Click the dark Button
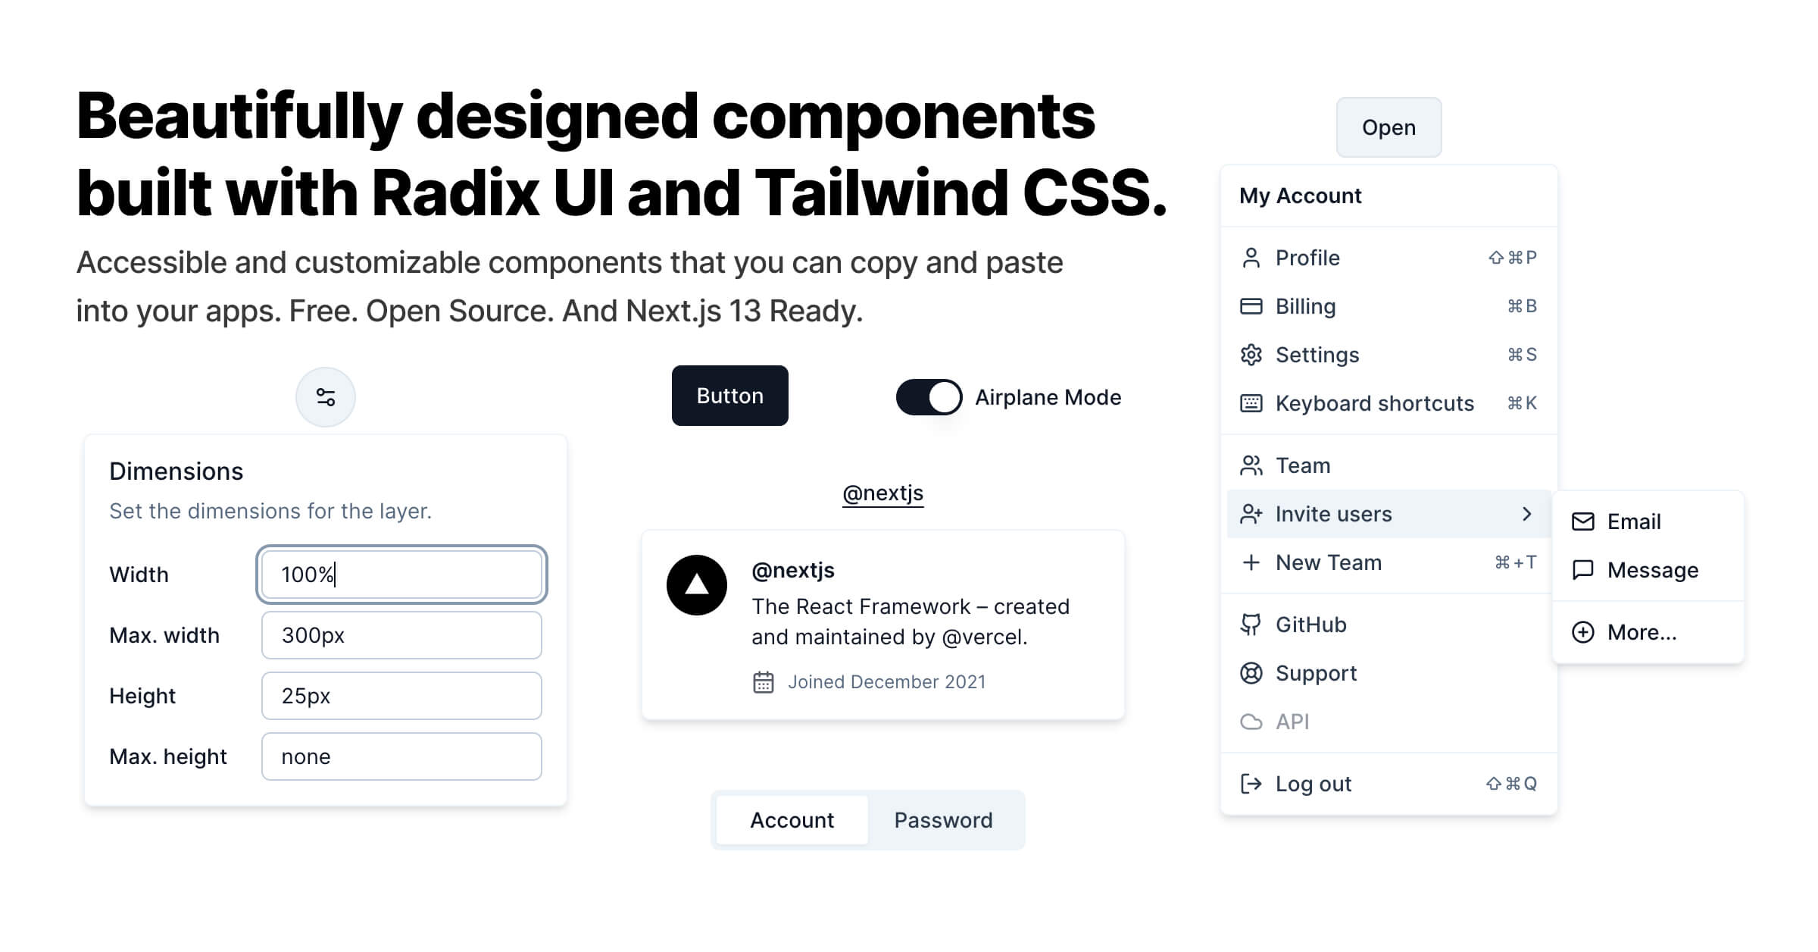[x=729, y=396]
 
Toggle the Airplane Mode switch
[x=929, y=397]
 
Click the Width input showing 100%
[x=401, y=575]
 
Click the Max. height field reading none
[x=401, y=756]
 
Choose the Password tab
[x=943, y=820]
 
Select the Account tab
[x=792, y=820]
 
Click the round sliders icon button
[x=326, y=397]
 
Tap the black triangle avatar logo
[x=697, y=585]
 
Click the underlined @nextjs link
[x=882, y=493]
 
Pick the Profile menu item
[x=1307, y=258]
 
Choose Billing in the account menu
[x=1306, y=306]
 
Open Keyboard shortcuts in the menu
[x=1374, y=403]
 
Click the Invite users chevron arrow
[x=1526, y=514]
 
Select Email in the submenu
[x=1633, y=521]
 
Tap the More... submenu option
[x=1642, y=632]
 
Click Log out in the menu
[x=1314, y=784]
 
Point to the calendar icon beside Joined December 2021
[x=764, y=682]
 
